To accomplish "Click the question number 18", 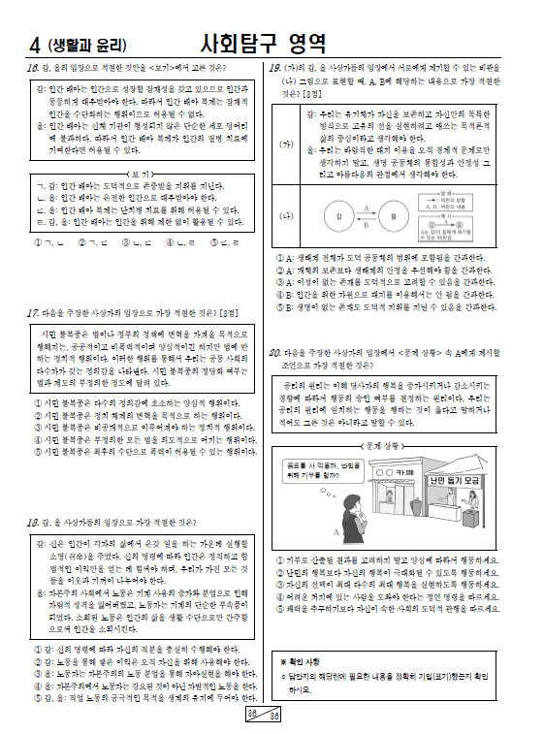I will pos(32,523).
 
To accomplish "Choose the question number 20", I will pos(274,352).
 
